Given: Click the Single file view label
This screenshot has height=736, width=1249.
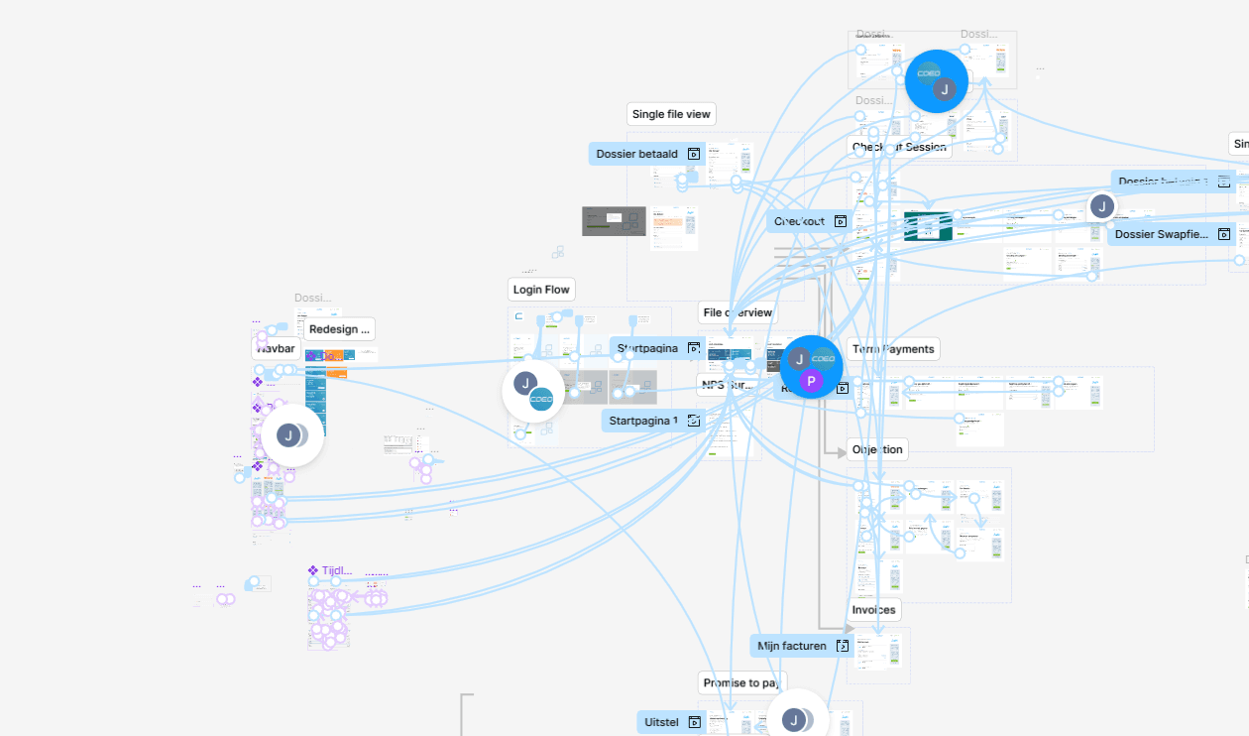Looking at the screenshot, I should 671,114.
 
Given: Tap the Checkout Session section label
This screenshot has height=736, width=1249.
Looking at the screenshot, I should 899,147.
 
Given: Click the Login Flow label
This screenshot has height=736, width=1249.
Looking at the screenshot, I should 541,290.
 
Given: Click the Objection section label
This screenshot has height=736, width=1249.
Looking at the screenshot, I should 877,449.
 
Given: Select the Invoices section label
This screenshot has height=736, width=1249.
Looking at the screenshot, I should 873,610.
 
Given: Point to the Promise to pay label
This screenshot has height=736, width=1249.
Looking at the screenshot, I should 740,682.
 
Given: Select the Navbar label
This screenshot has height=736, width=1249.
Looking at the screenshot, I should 277,348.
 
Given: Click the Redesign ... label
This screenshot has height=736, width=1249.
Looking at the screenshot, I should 339,329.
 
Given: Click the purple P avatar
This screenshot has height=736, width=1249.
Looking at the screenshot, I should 810,382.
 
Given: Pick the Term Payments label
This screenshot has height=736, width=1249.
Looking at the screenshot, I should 893,349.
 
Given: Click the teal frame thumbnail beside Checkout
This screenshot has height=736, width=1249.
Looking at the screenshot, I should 928,226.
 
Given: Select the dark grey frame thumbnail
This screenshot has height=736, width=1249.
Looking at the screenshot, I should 614,221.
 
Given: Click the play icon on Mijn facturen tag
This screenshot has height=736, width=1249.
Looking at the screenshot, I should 842,646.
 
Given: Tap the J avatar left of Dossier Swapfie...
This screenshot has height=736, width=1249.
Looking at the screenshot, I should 1101,206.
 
